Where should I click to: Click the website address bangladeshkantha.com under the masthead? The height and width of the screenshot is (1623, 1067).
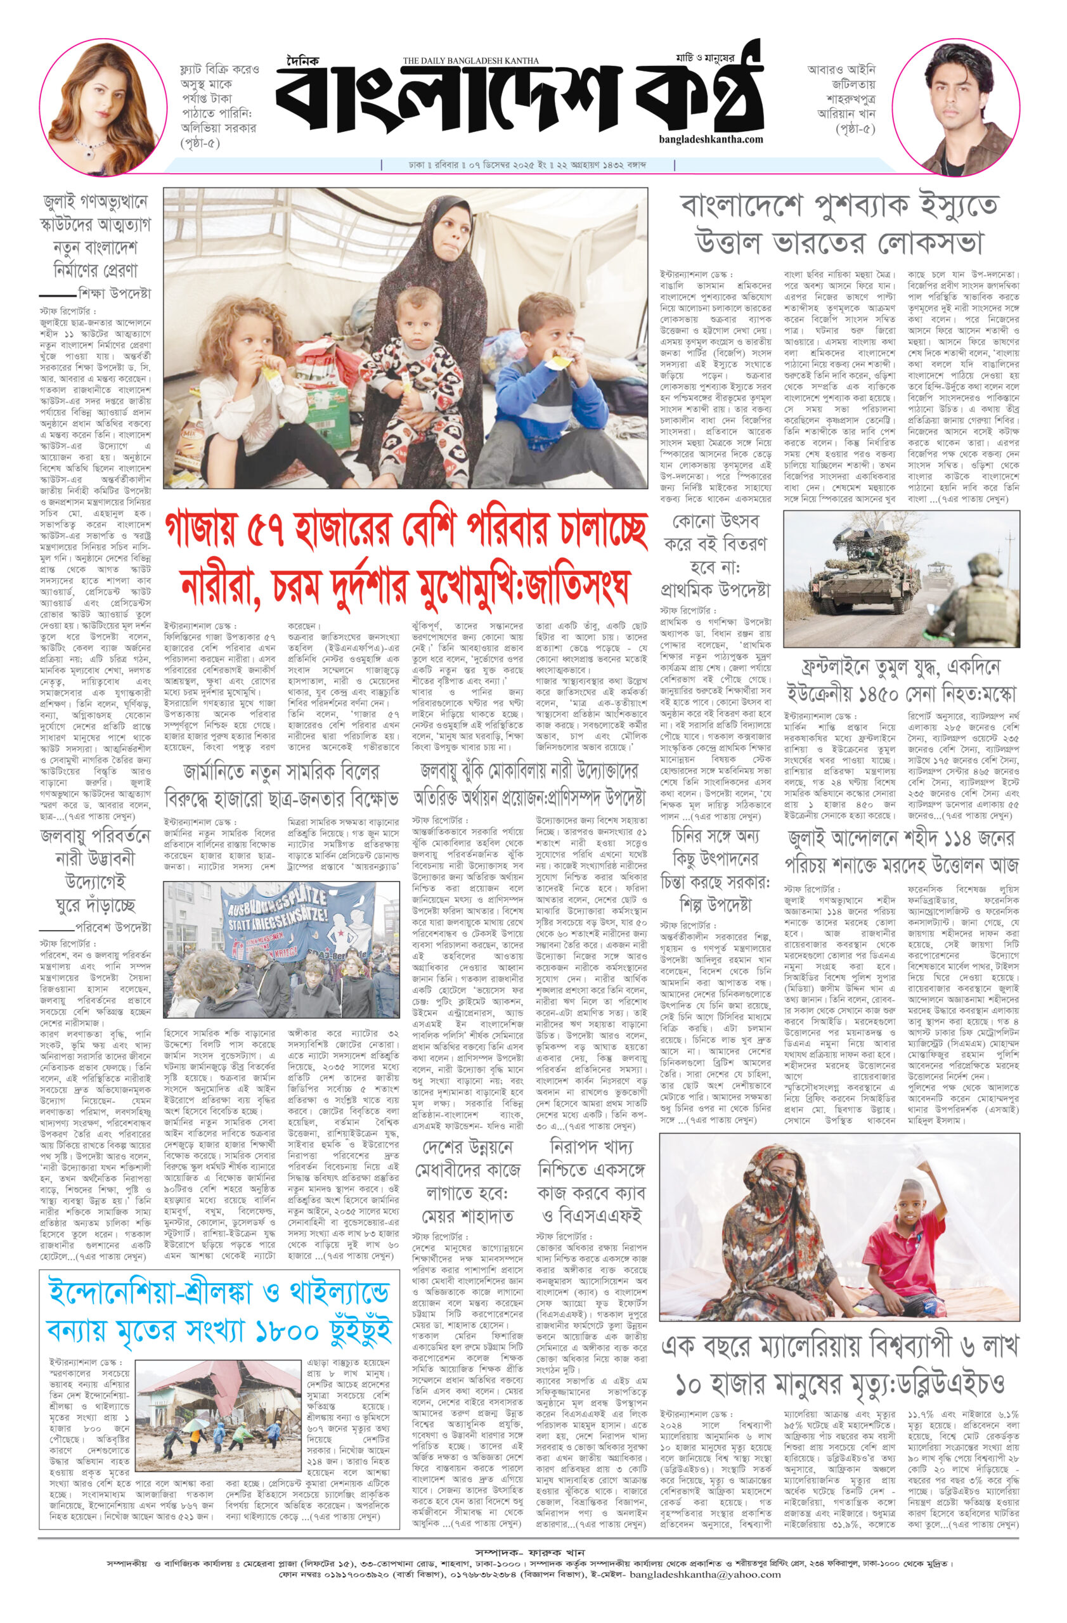(x=711, y=139)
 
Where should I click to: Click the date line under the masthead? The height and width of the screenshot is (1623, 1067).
(x=527, y=165)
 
